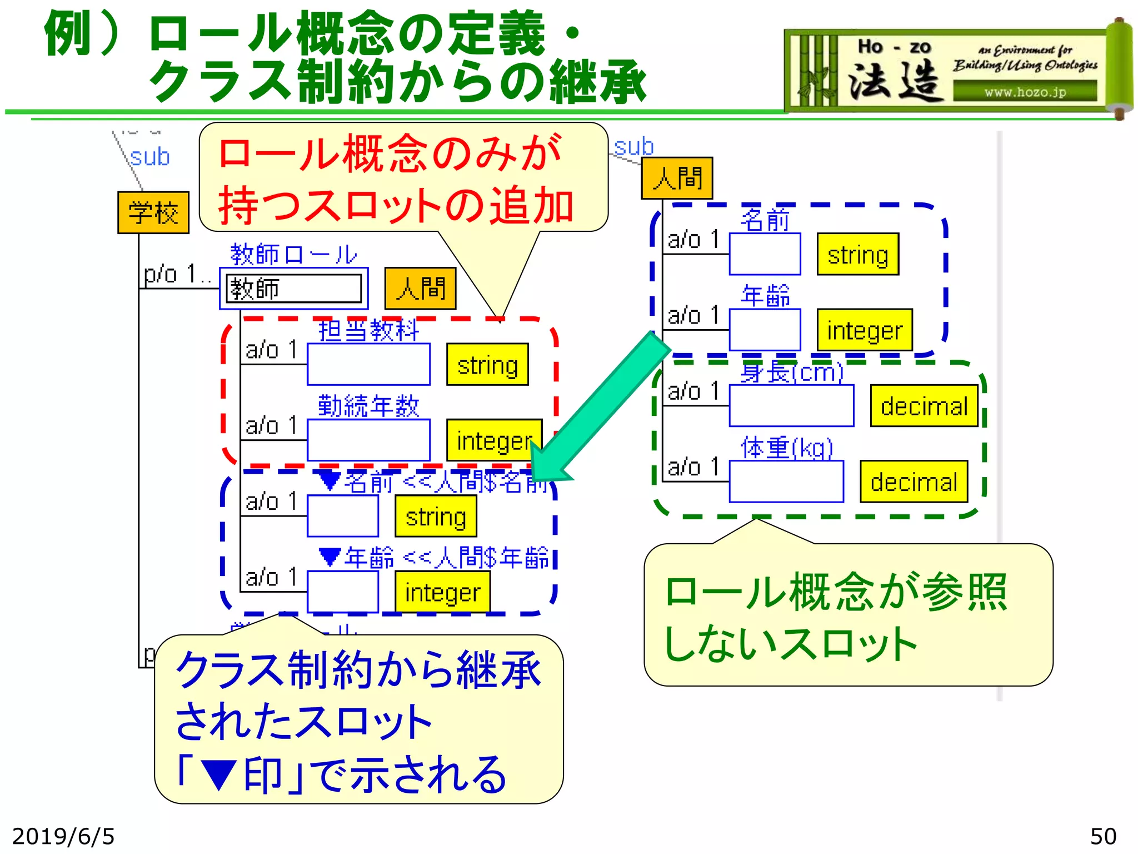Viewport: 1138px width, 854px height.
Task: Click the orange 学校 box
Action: [153, 212]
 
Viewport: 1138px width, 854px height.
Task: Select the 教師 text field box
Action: [293, 289]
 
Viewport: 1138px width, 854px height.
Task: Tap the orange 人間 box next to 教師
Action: [420, 289]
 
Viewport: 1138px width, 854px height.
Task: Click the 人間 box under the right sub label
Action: [677, 178]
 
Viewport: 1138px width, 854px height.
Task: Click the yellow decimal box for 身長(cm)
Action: [924, 406]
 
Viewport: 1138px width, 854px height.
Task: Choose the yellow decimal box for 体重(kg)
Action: [914, 481]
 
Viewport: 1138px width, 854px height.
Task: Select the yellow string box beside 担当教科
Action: [487, 365]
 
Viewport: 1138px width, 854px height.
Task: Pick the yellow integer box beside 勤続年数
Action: [493, 440]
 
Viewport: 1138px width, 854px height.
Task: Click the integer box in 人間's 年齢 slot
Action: [864, 330]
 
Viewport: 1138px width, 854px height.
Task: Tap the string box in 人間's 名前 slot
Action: [857, 254]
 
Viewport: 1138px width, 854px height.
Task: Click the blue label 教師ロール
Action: [293, 255]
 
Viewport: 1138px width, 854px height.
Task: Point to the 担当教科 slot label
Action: [368, 330]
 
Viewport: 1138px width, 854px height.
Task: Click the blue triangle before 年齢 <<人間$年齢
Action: [330, 556]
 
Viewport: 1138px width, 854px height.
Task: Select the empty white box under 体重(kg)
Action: [786, 481]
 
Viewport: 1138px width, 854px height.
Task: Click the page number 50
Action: [1102, 836]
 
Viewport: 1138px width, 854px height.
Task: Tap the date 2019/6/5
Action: [63, 836]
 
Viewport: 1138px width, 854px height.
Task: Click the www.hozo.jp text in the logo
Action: [1025, 92]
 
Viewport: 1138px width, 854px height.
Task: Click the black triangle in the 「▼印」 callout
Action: [218, 775]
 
